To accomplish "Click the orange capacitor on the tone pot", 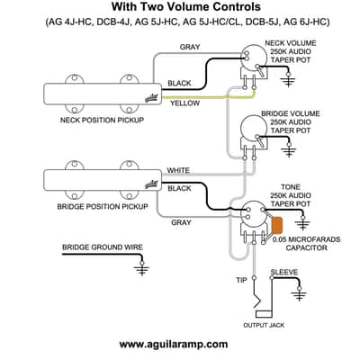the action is pyautogui.click(x=277, y=225).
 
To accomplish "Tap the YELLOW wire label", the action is pyautogui.click(x=184, y=103).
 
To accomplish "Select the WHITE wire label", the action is pyautogui.click(x=178, y=170).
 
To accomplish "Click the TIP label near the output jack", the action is pyautogui.click(x=241, y=280).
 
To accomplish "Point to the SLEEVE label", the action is pyautogui.click(x=284, y=272).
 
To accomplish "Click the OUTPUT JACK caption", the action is pyautogui.click(x=264, y=325).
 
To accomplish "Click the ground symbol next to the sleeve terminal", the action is pyautogui.click(x=299, y=293).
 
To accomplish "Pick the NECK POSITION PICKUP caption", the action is pyautogui.click(x=102, y=120).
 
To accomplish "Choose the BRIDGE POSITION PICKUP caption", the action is pyautogui.click(x=103, y=207).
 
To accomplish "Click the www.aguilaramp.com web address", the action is pyautogui.click(x=174, y=344).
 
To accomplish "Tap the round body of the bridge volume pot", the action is pyautogui.click(x=254, y=128).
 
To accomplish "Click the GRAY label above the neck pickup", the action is pyautogui.click(x=190, y=47).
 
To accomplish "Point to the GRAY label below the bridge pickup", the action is pyautogui.click(x=181, y=222).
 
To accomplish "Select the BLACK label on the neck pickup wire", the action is pyautogui.click(x=179, y=83).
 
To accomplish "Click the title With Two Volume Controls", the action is pyautogui.click(x=186, y=6).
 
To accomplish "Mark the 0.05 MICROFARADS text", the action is pyautogui.click(x=306, y=239).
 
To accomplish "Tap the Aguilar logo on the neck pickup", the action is pyautogui.click(x=151, y=98).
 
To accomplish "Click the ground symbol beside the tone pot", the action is pyautogui.click(x=302, y=222).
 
